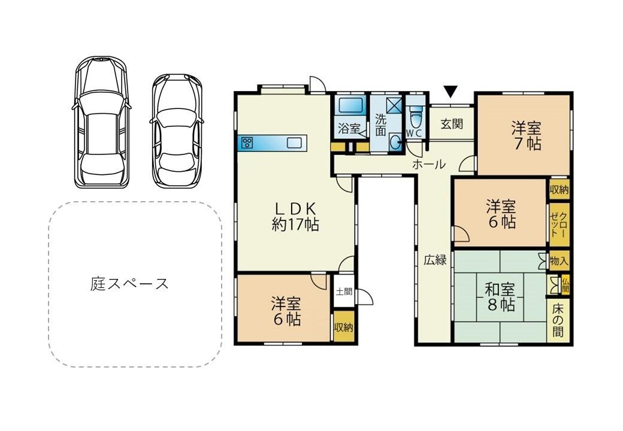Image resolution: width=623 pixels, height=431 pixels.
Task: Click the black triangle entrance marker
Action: click(450, 92)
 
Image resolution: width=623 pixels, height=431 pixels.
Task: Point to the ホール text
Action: click(428, 163)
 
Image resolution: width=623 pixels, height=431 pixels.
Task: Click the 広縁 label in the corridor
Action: click(435, 260)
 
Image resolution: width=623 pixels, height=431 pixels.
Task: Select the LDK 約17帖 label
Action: click(295, 216)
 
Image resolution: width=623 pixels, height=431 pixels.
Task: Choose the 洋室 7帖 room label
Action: click(526, 135)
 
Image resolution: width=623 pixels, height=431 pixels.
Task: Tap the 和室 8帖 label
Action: click(500, 296)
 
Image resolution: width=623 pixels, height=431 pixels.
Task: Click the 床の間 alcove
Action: click(558, 320)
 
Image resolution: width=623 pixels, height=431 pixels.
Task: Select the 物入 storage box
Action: click(558, 261)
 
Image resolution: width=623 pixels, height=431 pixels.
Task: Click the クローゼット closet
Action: click(558, 225)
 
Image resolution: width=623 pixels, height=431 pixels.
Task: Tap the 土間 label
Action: click(344, 292)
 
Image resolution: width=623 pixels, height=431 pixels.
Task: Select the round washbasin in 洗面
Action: click(395, 142)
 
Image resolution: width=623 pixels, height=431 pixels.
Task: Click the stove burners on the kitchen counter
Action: click(247, 143)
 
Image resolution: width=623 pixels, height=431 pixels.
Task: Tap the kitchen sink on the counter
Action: click(294, 143)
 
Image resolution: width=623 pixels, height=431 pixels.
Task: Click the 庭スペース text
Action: click(129, 283)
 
